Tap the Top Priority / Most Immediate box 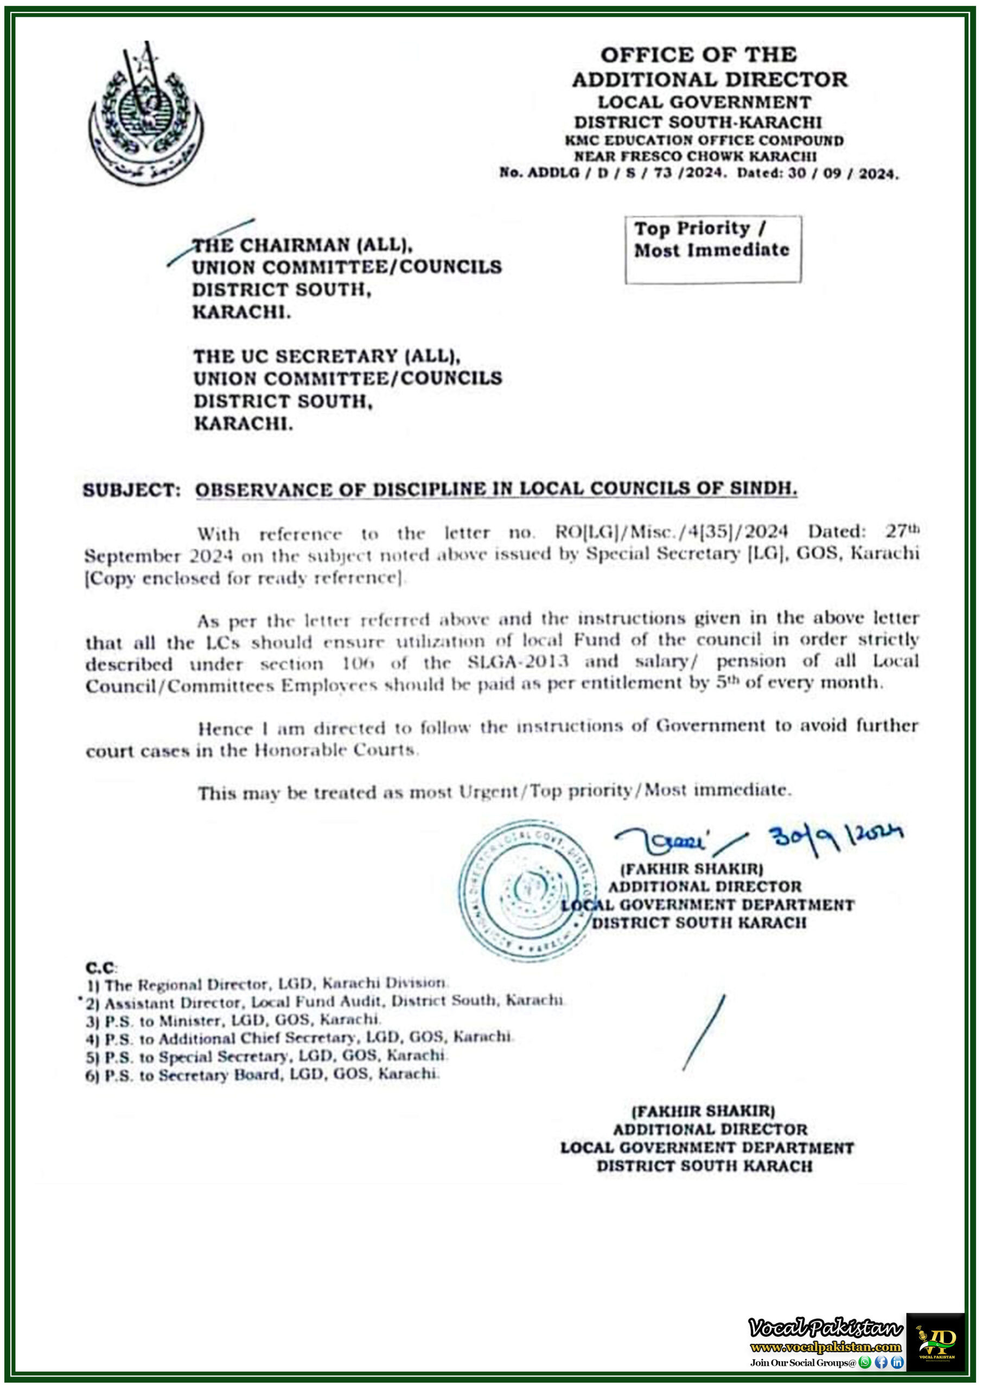click(x=713, y=249)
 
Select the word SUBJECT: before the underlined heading click(x=131, y=490)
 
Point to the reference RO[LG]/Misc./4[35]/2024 click(x=671, y=532)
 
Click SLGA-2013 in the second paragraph click(x=518, y=661)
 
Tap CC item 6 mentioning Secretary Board click(x=262, y=1074)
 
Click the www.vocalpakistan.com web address click(x=825, y=1347)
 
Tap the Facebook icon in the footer click(x=881, y=1362)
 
